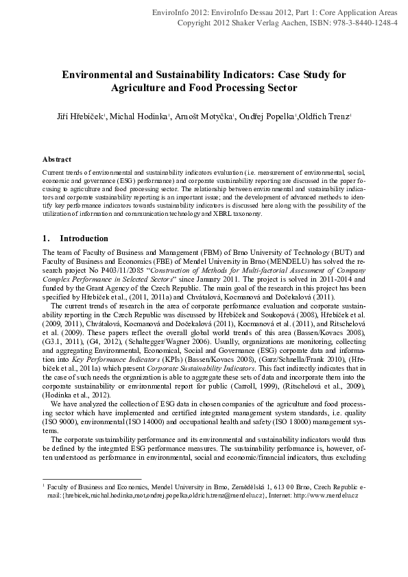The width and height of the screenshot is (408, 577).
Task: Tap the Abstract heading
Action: [x=58, y=159]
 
